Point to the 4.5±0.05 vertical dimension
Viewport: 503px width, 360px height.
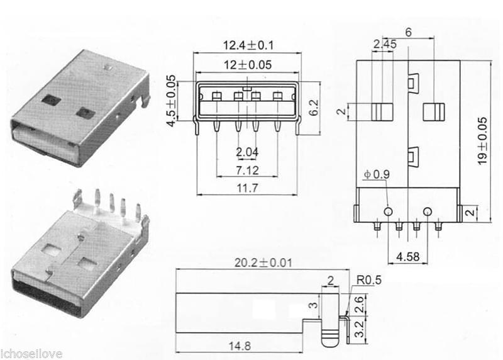[170, 101]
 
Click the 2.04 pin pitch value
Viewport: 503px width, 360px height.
[246, 152]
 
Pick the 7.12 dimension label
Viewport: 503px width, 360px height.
[246, 170]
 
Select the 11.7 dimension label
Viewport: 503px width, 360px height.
[246, 188]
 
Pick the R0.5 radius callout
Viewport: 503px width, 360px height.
[368, 280]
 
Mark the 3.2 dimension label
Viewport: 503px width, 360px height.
[359, 330]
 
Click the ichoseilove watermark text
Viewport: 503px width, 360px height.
[31, 354]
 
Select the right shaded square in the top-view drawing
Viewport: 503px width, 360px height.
[434, 111]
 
